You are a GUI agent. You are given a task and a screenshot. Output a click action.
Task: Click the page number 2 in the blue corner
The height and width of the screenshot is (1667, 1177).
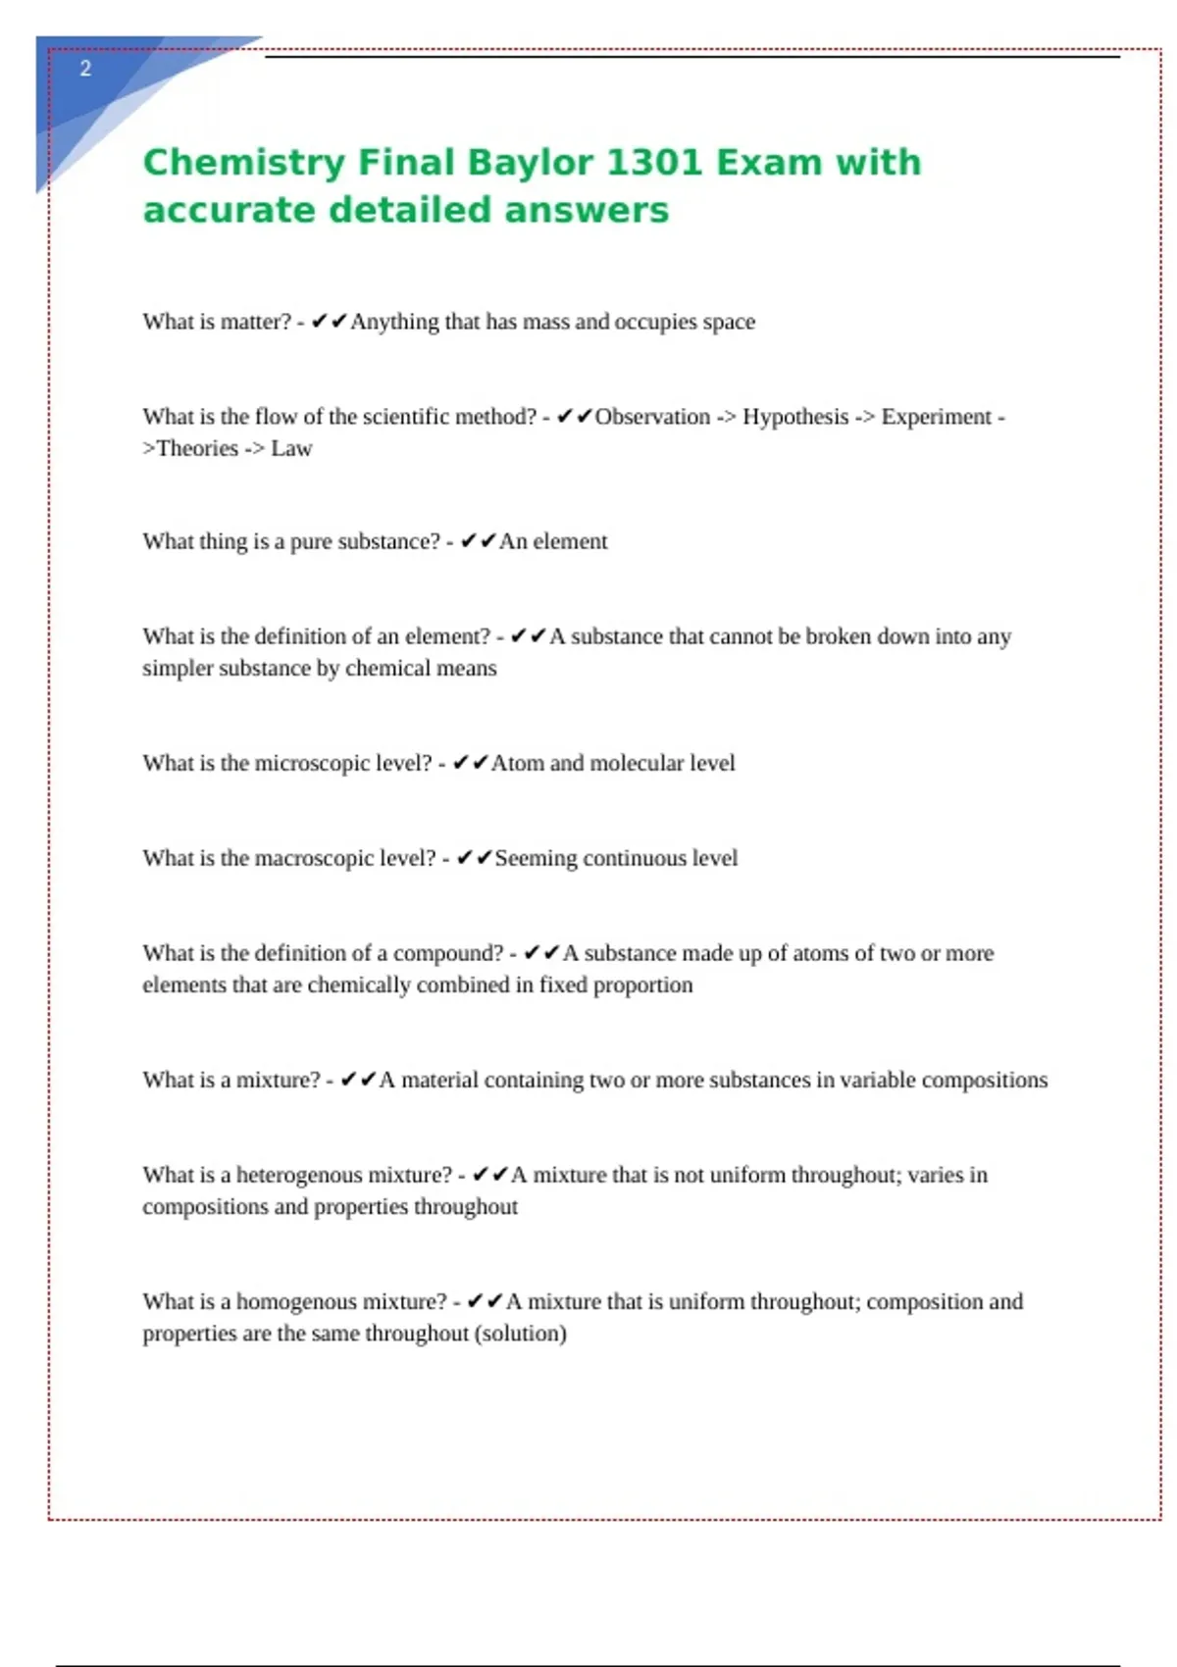click(85, 69)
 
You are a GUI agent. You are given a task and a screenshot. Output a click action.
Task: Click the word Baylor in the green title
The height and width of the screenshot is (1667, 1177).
click(530, 162)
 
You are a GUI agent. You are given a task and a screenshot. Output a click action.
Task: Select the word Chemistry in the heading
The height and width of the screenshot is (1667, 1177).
click(244, 162)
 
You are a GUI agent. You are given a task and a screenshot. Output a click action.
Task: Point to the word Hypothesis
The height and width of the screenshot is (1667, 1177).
click(795, 417)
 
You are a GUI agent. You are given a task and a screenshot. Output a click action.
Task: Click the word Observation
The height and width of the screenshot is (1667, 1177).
click(652, 417)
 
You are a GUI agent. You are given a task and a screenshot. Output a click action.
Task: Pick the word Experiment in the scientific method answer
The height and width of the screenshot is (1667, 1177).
click(937, 417)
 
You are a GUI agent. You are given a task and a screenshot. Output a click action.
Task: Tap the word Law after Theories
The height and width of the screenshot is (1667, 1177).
click(291, 448)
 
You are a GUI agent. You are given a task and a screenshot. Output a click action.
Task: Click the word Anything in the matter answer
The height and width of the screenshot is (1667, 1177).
click(394, 322)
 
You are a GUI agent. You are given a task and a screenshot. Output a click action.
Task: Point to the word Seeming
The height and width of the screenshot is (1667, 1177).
click(536, 858)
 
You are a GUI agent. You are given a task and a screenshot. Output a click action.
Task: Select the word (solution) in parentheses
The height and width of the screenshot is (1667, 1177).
click(520, 1334)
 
